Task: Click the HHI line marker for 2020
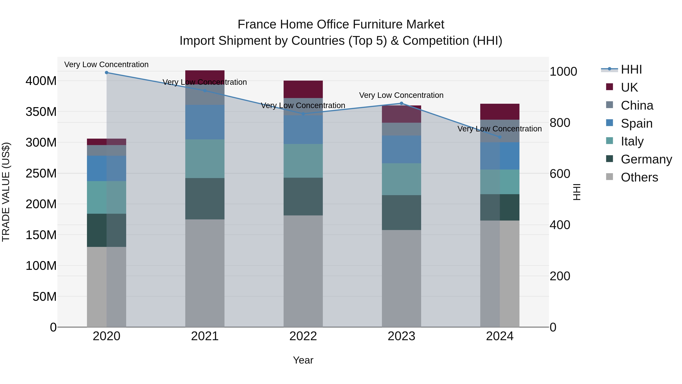[106, 73]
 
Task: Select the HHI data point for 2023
[401, 103]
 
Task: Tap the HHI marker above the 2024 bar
[500, 137]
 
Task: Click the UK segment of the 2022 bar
[303, 89]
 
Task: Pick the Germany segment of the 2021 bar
[205, 199]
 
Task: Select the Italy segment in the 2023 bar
[401, 179]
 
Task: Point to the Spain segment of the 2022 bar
[303, 130]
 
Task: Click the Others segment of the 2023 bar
[401, 278]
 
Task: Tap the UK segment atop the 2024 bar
[500, 112]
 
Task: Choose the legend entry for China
[637, 105]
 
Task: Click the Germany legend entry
[646, 159]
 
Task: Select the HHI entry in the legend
[631, 69]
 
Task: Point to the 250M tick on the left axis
[41, 173]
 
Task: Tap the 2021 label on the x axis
[205, 336]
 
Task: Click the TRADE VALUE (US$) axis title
[6, 192]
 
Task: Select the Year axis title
[303, 360]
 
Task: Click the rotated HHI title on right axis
[576, 192]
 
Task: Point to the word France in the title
[257, 24]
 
